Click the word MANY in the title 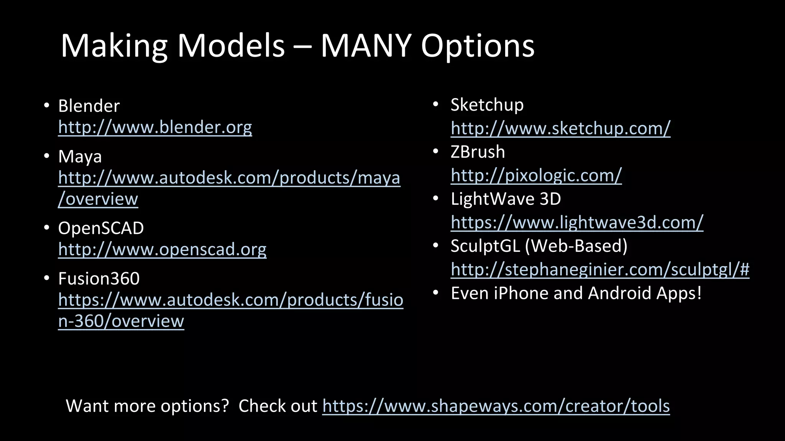tap(366, 46)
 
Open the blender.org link tap(155, 127)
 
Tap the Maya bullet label tap(80, 157)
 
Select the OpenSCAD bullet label tap(101, 228)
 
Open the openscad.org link tap(162, 249)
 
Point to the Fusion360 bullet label tap(99, 278)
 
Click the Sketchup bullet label tap(487, 105)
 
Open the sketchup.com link tap(560, 128)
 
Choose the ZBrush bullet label tap(478, 152)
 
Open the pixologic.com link tap(536, 175)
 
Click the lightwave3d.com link tap(577, 222)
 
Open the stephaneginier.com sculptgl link tap(600, 269)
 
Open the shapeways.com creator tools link tap(496, 406)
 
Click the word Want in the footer tap(87, 406)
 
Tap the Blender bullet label tap(89, 106)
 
